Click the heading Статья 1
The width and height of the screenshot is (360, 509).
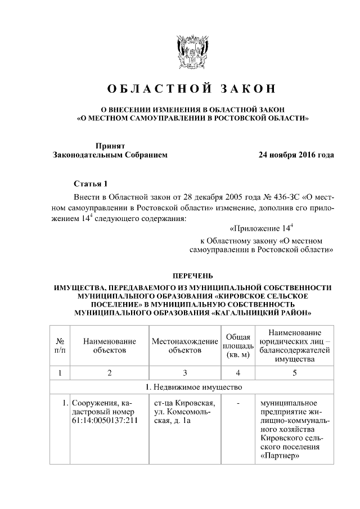[x=90, y=184]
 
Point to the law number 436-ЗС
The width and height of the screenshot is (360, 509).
[x=273, y=198]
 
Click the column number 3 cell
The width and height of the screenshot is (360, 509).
[x=184, y=372]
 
